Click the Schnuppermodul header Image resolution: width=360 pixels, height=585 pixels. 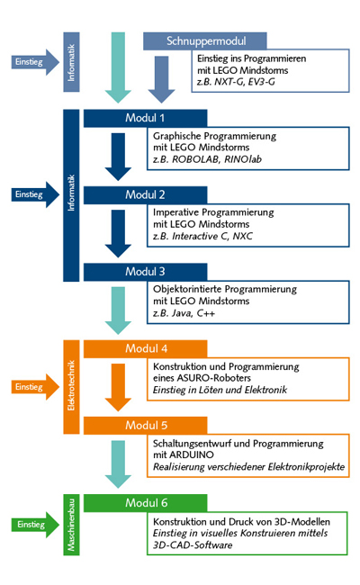click(x=205, y=41)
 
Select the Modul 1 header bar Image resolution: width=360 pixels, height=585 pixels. click(x=145, y=118)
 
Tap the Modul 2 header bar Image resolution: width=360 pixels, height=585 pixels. click(x=145, y=195)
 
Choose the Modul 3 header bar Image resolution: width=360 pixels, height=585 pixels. click(x=145, y=272)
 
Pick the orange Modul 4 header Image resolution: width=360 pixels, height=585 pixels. click(x=145, y=349)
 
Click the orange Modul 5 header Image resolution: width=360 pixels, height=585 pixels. click(x=145, y=426)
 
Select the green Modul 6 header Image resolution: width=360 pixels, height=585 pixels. click(x=145, y=503)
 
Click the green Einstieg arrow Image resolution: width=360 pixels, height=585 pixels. click(x=35, y=525)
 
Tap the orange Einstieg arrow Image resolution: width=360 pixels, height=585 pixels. click(x=35, y=387)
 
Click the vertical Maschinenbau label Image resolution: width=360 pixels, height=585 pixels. click(x=71, y=525)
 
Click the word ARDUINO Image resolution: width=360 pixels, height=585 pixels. click(x=192, y=454)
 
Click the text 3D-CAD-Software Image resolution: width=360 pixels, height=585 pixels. click(x=193, y=545)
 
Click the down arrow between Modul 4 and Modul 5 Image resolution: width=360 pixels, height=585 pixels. click(x=118, y=388)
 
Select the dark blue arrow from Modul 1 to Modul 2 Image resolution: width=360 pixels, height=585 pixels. click(x=118, y=157)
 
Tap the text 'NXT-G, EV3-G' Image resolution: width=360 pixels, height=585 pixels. click(x=245, y=82)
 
